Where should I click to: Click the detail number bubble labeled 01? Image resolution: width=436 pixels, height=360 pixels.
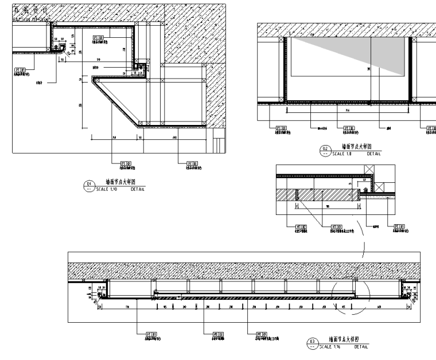88,185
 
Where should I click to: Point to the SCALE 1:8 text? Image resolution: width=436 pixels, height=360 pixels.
341,154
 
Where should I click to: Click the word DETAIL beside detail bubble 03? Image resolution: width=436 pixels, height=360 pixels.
361,346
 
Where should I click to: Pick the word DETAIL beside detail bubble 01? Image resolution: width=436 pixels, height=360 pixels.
138,188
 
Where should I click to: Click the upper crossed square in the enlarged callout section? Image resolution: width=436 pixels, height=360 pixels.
369,171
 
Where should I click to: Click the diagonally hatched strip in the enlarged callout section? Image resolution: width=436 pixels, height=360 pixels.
324,195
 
